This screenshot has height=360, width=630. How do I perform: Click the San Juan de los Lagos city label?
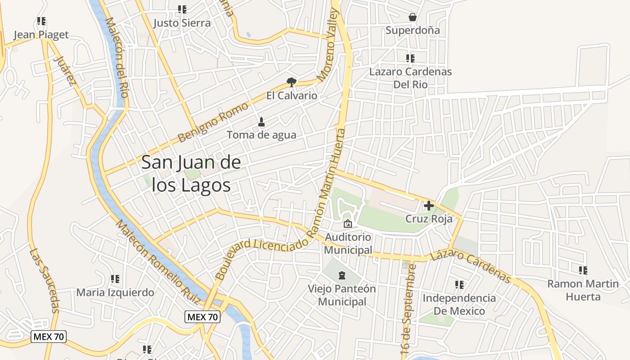191,174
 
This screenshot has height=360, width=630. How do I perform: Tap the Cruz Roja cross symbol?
429,206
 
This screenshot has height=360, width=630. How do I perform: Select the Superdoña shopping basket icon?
412,17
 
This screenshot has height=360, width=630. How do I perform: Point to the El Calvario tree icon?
292,82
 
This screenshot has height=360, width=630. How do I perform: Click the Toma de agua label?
261,135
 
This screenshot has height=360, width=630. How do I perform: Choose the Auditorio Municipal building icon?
347,223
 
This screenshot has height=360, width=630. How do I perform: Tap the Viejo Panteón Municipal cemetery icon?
342,275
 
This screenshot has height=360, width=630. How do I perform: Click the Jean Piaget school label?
41,35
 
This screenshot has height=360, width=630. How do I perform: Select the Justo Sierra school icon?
182,9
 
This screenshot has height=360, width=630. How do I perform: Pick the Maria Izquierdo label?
115,292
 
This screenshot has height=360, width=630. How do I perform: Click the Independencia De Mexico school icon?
459,284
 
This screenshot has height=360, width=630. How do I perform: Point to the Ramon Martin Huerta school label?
583,290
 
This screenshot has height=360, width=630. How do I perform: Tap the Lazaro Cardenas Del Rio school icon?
410,58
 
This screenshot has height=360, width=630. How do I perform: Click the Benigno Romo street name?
212,122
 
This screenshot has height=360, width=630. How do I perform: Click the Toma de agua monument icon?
261,121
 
